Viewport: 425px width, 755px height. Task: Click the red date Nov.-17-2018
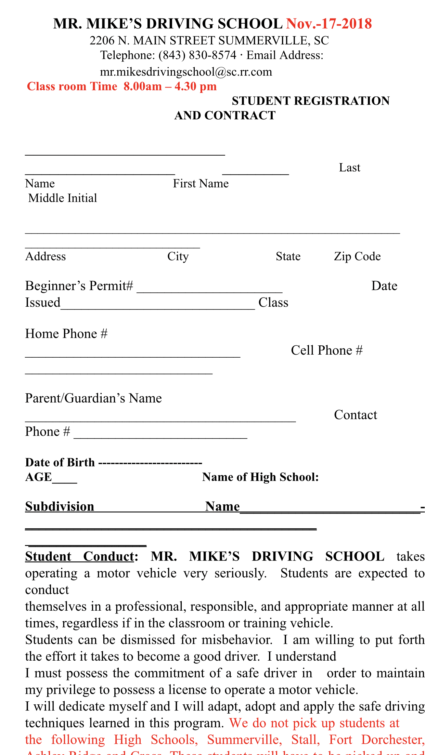[x=329, y=24]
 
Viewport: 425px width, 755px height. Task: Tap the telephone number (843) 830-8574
[x=197, y=55]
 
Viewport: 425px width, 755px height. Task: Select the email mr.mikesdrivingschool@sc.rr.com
[x=186, y=72]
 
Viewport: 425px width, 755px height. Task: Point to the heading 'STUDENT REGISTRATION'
[x=310, y=101]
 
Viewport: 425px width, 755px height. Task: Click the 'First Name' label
[x=201, y=184]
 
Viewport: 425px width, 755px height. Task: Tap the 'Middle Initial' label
[x=63, y=198]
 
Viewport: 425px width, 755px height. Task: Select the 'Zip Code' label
[x=357, y=256]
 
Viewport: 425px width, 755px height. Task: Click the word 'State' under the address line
[x=288, y=256]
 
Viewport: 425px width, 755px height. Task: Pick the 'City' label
[x=178, y=256]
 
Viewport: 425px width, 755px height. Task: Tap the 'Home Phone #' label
[x=66, y=334]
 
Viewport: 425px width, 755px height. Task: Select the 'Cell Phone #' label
[x=326, y=350]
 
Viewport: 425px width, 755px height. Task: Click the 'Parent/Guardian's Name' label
[x=93, y=398]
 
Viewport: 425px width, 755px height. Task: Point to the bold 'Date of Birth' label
[x=60, y=462]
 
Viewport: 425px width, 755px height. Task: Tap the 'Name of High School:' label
[x=260, y=477]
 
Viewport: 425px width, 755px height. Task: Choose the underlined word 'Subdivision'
[x=60, y=506]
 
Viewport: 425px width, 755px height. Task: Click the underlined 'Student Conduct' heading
[x=79, y=556]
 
